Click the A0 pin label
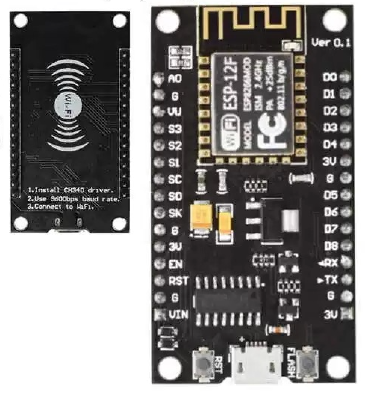tap(175, 79)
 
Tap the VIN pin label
tap(178, 314)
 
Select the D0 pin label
tap(330, 77)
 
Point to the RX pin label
tap(330, 263)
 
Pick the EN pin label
tap(175, 264)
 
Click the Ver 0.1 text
tap(331, 43)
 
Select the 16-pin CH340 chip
tap(228, 301)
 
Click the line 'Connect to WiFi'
tap(61, 206)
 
